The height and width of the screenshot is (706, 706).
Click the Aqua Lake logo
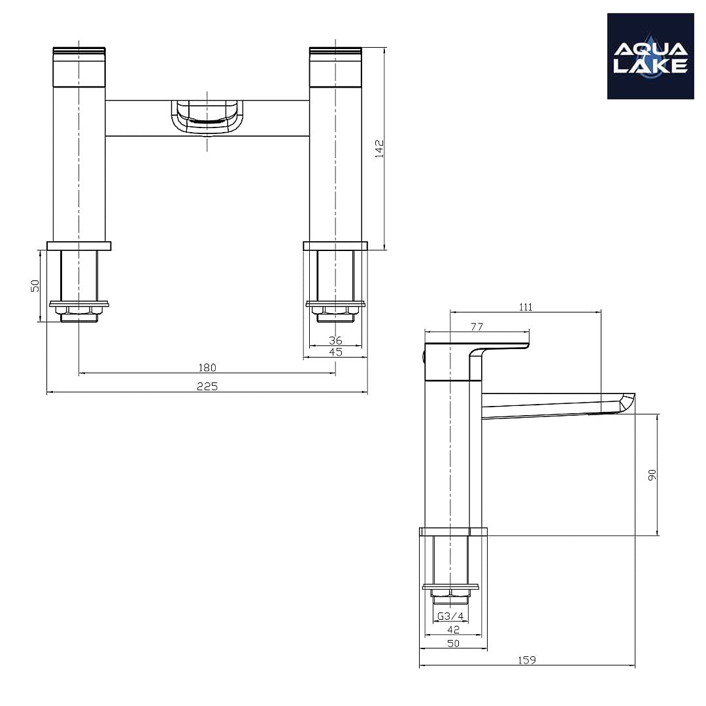[x=650, y=56]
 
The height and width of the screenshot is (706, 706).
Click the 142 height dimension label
[x=379, y=148]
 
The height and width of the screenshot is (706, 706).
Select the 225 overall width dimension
[x=207, y=386]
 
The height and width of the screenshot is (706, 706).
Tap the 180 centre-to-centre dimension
[x=207, y=367]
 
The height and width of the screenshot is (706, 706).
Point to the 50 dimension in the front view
[x=35, y=286]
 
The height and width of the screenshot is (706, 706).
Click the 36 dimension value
[x=335, y=340]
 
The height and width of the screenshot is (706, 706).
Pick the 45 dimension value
[x=335, y=352]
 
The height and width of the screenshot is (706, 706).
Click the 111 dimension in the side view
[x=526, y=307]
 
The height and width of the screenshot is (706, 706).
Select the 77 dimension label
[x=477, y=326]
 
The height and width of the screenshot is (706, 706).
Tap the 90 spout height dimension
[x=652, y=475]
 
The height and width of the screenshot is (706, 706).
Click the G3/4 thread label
[x=450, y=616]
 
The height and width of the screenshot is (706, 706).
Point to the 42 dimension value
[x=453, y=630]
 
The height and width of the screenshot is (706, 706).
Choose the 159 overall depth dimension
[x=527, y=660]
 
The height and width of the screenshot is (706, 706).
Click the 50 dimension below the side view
[x=453, y=643]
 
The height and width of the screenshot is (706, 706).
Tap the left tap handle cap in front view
[x=79, y=66]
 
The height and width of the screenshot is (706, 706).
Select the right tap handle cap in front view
[x=335, y=66]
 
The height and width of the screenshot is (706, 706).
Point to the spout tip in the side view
[x=624, y=402]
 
